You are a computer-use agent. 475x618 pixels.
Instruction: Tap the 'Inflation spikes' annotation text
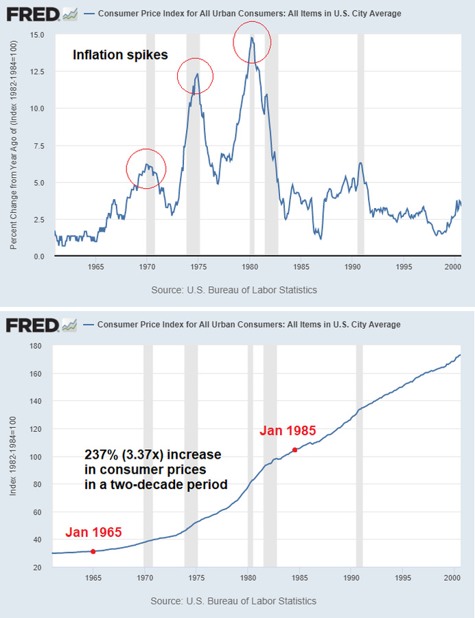pyautogui.click(x=120, y=56)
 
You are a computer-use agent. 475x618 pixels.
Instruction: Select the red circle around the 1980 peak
pyautogui.click(x=253, y=43)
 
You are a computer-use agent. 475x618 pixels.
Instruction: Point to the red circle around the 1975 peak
pyautogui.click(x=196, y=76)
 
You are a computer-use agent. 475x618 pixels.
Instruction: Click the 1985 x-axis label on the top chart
pyautogui.click(x=300, y=266)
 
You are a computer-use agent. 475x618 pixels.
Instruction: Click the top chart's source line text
pyautogui.click(x=234, y=290)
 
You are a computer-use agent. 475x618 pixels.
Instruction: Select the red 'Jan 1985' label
pyautogui.click(x=288, y=431)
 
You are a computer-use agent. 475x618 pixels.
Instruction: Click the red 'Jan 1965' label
pyautogui.click(x=93, y=532)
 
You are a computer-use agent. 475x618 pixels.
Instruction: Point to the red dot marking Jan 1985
pyautogui.click(x=294, y=450)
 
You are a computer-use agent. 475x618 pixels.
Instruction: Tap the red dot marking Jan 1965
pyautogui.click(x=93, y=551)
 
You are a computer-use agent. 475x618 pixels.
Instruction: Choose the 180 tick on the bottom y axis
pyautogui.click(x=38, y=346)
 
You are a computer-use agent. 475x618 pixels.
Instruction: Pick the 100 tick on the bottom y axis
pyautogui.click(x=38, y=457)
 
